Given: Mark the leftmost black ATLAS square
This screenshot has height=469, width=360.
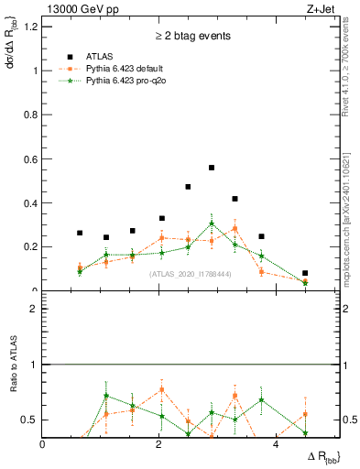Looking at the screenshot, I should coord(80,233).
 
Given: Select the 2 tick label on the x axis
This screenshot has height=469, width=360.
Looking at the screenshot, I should coord(159,445).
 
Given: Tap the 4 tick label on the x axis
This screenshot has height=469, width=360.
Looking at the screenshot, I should coord(276,445).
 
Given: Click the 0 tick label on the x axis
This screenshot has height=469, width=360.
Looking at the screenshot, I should coord(43,445).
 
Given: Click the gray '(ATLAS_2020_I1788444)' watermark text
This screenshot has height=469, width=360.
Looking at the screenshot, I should coord(191,273).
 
